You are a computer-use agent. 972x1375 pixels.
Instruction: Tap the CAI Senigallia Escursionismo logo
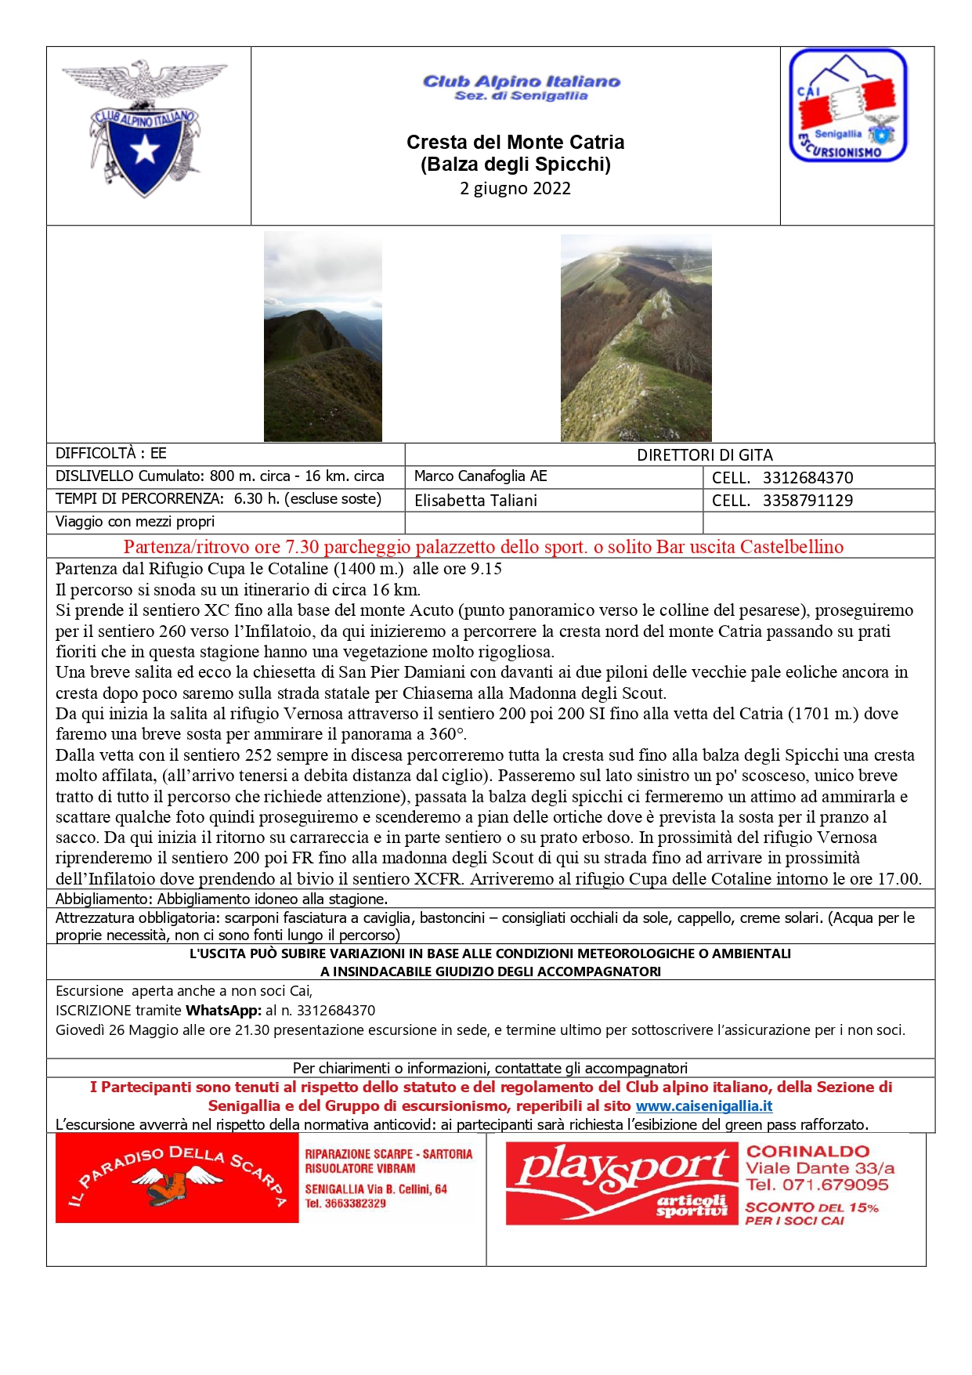847,106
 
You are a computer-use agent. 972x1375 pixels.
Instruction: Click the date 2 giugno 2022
515,189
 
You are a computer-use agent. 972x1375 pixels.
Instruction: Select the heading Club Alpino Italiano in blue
521,81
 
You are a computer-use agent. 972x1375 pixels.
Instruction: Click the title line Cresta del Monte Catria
515,143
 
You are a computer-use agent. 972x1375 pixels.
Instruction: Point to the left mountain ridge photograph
323,337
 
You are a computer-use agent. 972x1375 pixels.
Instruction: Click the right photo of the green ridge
636,338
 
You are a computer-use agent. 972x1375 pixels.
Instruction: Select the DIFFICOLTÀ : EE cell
111,454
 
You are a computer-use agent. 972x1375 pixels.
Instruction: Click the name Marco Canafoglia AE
480,476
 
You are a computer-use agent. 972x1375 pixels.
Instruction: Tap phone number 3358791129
808,501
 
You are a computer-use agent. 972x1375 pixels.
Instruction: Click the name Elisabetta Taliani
475,501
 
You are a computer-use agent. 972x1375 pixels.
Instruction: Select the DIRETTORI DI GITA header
704,455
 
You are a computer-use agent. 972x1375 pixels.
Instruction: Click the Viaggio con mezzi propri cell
135,522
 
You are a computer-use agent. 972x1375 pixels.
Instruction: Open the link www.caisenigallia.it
703,1106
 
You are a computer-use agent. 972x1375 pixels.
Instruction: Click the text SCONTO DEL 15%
811,1208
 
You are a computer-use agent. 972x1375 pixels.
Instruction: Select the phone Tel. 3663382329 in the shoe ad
345,1203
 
